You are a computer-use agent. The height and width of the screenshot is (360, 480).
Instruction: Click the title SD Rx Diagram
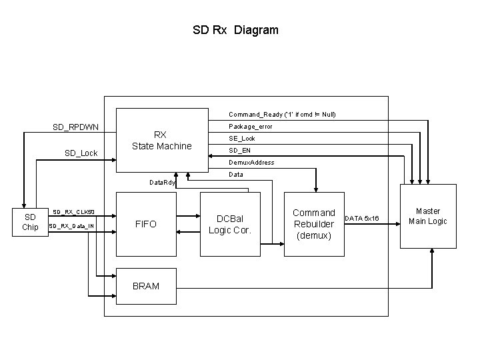[x=235, y=30]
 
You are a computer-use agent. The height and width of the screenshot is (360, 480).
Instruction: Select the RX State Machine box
[x=161, y=141]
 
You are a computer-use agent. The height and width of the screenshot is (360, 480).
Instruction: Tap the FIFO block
[x=146, y=224]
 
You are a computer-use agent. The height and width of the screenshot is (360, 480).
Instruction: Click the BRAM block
[x=146, y=286]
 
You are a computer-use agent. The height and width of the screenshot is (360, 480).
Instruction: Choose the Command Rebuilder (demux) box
[x=314, y=224]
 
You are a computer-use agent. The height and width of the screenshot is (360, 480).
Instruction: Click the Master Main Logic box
[x=427, y=216]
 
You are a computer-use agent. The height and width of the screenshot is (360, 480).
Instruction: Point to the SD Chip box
[x=30, y=222]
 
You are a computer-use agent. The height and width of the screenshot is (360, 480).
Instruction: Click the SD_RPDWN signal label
[x=76, y=127]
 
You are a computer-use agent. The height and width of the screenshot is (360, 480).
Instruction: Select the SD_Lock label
[x=81, y=153]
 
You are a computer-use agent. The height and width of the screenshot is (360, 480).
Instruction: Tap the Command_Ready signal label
[x=282, y=114]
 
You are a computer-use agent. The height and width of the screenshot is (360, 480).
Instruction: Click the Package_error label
[x=250, y=126]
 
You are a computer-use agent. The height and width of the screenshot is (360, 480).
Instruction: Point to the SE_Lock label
[x=242, y=138]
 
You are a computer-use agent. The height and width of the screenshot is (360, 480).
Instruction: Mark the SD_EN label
[x=239, y=150]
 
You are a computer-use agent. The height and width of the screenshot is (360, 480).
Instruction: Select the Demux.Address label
[x=251, y=162]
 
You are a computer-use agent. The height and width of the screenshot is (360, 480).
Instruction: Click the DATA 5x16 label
[x=363, y=219]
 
